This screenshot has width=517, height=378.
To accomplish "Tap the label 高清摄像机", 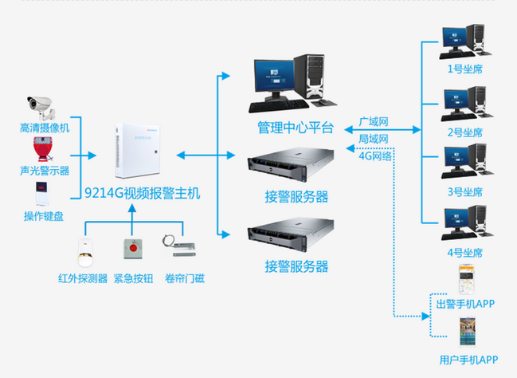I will click(45, 127).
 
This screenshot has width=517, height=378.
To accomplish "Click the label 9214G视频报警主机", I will click(143, 192).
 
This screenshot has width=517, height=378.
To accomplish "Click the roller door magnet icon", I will click(180, 248).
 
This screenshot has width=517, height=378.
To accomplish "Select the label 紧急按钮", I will click(134, 278).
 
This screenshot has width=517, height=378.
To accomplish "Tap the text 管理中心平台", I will click(295, 128).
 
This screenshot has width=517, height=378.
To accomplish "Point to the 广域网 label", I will click(373, 122).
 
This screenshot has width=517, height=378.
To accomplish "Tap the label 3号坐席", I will click(466, 192).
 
